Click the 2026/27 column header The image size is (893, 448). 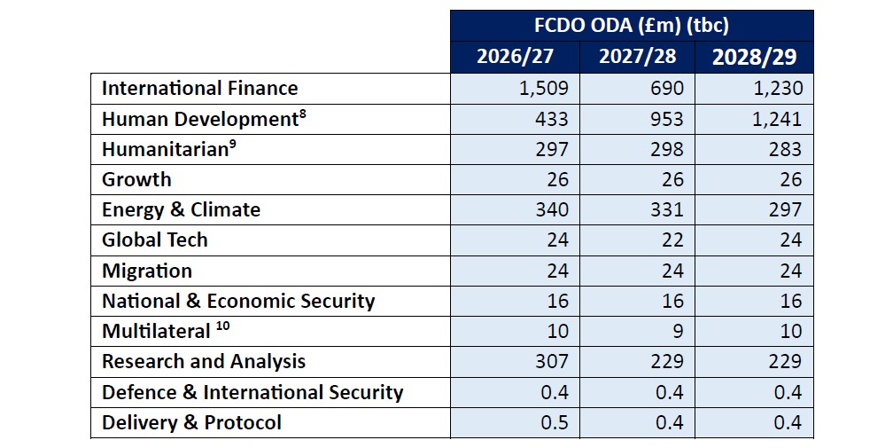[x=515, y=58]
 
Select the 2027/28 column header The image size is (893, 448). [x=636, y=58]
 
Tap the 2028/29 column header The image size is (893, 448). [x=754, y=58]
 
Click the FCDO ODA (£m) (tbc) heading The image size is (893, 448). [x=632, y=24]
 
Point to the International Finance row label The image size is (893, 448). [x=199, y=88]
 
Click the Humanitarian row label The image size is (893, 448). [x=166, y=149]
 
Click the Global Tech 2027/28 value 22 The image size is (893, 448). [x=672, y=240]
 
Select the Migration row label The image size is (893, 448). [x=146, y=271]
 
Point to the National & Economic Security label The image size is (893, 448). [x=238, y=301]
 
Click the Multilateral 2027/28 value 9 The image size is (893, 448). [x=678, y=331]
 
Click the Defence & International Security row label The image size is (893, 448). [x=252, y=391]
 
